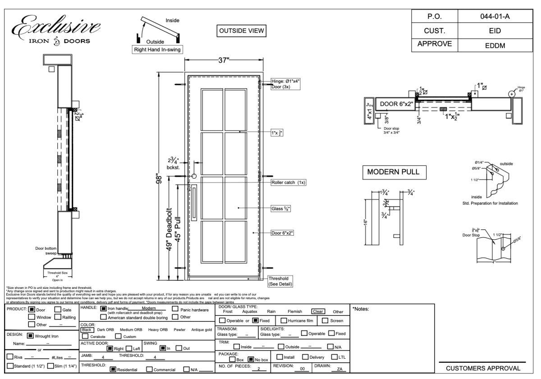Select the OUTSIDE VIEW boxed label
point(242,30)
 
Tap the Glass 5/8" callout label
point(281,208)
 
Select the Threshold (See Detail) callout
point(280,281)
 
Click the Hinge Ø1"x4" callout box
point(285,83)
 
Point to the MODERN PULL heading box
point(394,173)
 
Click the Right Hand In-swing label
point(156,50)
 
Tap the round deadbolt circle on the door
point(194,177)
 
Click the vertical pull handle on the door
point(194,203)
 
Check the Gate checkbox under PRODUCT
point(57,309)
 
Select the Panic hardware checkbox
point(176,309)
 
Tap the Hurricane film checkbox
point(284,320)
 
